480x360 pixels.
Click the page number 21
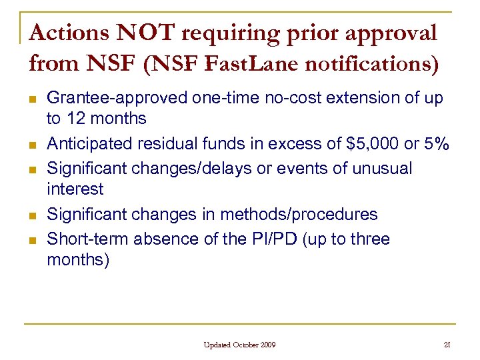click(x=446, y=345)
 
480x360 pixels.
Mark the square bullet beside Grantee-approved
click(x=31, y=99)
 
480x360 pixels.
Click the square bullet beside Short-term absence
click(x=31, y=239)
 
